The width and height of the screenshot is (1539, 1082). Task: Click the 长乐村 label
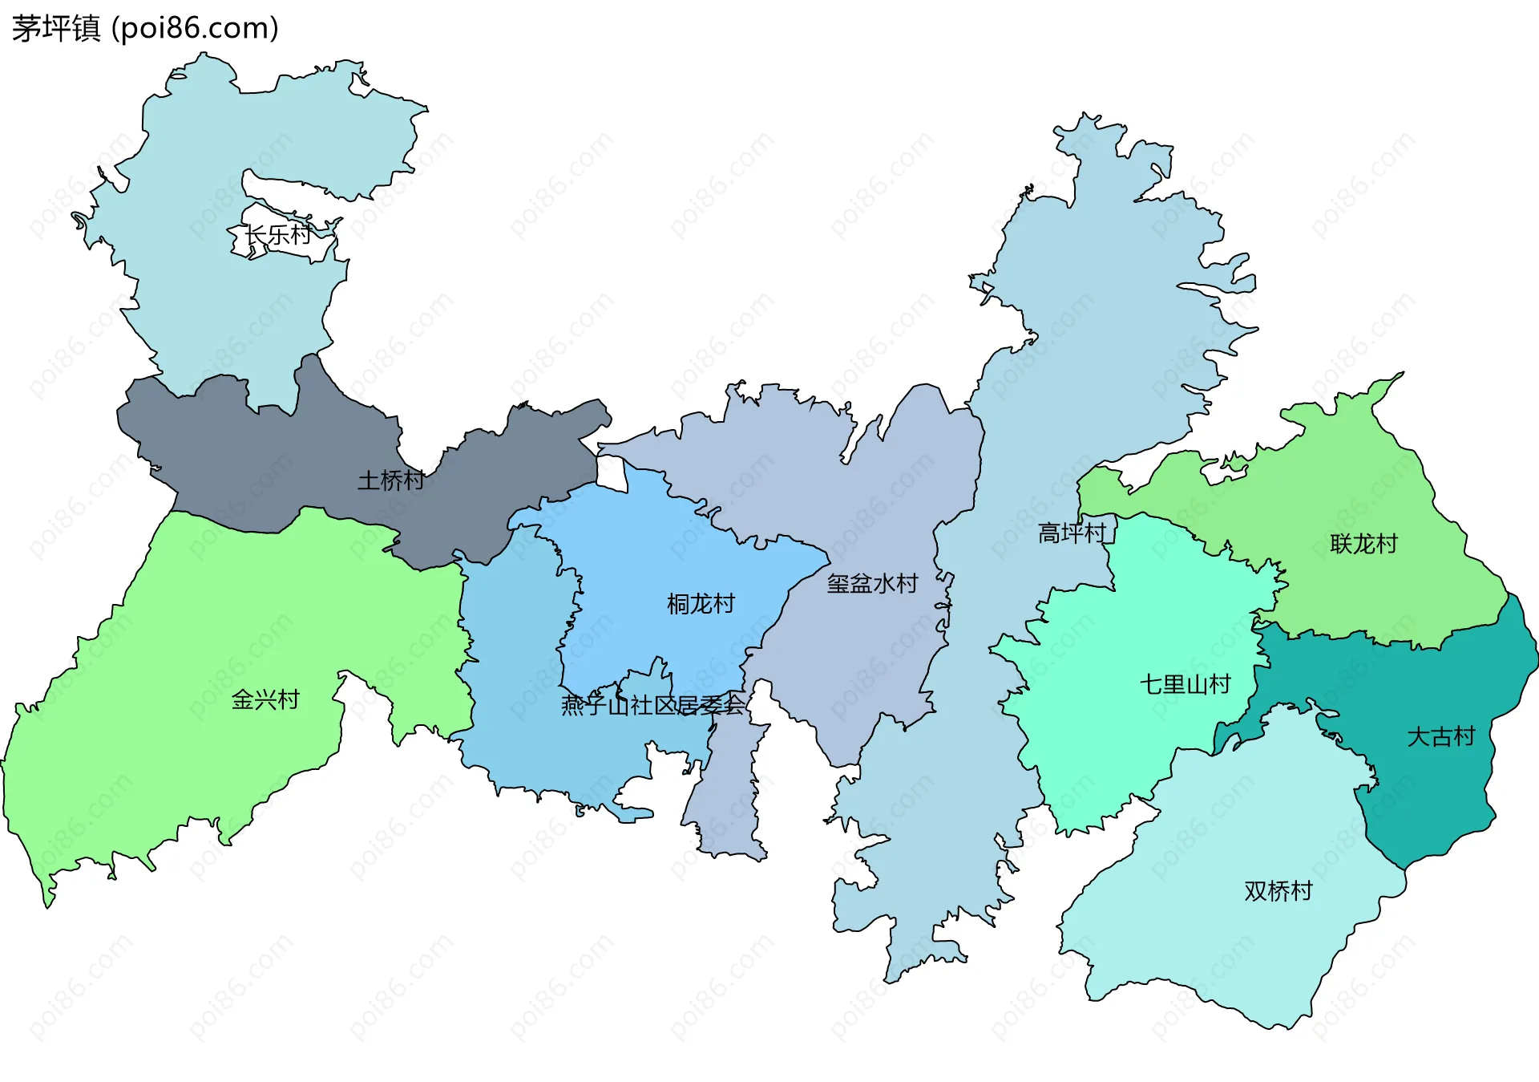pyautogui.click(x=277, y=235)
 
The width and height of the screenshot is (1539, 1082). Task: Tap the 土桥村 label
pyautogui.click(x=390, y=480)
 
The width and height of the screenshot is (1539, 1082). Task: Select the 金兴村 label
pyautogui.click(x=265, y=700)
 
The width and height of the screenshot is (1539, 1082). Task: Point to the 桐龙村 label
pyautogui.click(x=701, y=604)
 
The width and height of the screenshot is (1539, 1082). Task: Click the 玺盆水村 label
pyautogui.click(x=872, y=584)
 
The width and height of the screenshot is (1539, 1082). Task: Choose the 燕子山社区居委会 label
pyautogui.click(x=652, y=706)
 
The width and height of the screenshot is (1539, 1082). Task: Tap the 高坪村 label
pyautogui.click(x=1072, y=533)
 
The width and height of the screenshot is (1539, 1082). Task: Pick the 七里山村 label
pyautogui.click(x=1185, y=685)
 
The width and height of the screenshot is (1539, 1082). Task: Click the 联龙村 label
pyautogui.click(x=1363, y=545)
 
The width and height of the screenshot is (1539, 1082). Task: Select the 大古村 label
pyautogui.click(x=1440, y=737)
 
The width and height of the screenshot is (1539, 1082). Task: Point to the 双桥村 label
pyautogui.click(x=1278, y=891)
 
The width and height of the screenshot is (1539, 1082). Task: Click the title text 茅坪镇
pyautogui.click(x=56, y=29)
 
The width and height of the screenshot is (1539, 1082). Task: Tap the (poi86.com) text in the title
pyautogui.click(x=195, y=29)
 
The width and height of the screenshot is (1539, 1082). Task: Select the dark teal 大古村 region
pyautogui.click(x=1443, y=786)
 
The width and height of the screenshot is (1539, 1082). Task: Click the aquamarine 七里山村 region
pyautogui.click(x=1122, y=722)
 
